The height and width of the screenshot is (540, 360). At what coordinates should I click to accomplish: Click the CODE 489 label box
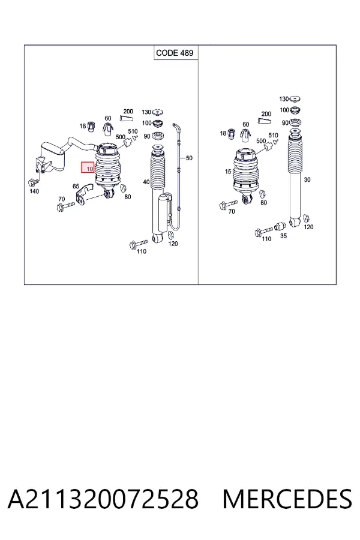coord(176,52)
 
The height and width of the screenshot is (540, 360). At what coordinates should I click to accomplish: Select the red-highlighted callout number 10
coord(88,168)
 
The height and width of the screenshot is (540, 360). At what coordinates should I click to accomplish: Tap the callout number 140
coord(34,191)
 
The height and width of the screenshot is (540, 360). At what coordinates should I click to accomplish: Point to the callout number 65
coord(76,187)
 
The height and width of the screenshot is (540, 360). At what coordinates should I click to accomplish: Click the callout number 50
coord(189,158)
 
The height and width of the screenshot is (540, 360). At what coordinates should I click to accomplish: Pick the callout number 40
coord(146,182)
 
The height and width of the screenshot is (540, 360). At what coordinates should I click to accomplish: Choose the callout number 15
coord(228,171)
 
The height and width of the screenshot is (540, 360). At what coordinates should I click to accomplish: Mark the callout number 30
coord(307,179)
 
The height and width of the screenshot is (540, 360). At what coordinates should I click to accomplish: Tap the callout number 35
coord(283,236)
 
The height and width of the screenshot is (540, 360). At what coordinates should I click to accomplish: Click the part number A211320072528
coord(103,499)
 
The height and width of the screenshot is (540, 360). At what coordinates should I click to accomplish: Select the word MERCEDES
coord(287,499)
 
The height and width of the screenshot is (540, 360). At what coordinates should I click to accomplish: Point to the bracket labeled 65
coord(85,195)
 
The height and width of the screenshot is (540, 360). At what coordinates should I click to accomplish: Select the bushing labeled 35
coord(280,227)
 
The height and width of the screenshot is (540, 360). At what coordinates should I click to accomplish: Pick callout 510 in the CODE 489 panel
coord(133,131)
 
